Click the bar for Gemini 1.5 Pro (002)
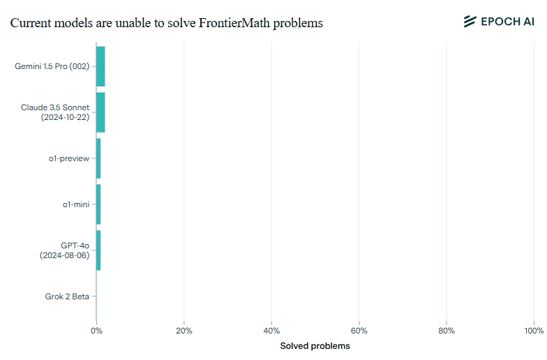[x=100, y=66]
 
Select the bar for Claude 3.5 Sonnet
[x=100, y=112]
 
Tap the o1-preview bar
[x=98, y=158]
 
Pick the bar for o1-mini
[x=98, y=204]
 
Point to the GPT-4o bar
[x=98, y=250]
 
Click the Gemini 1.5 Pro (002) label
[x=52, y=66]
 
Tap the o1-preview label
[x=69, y=158]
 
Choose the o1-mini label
[x=76, y=204]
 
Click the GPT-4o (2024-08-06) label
[x=65, y=250]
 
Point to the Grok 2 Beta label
[x=67, y=297]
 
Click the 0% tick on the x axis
[x=97, y=331]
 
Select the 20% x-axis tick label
[x=183, y=331]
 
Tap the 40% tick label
[x=271, y=331]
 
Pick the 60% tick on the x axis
[x=359, y=331]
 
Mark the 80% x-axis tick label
[x=447, y=331]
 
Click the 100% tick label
[x=533, y=331]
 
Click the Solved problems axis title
[x=315, y=346]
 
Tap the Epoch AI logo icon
[x=470, y=22]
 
